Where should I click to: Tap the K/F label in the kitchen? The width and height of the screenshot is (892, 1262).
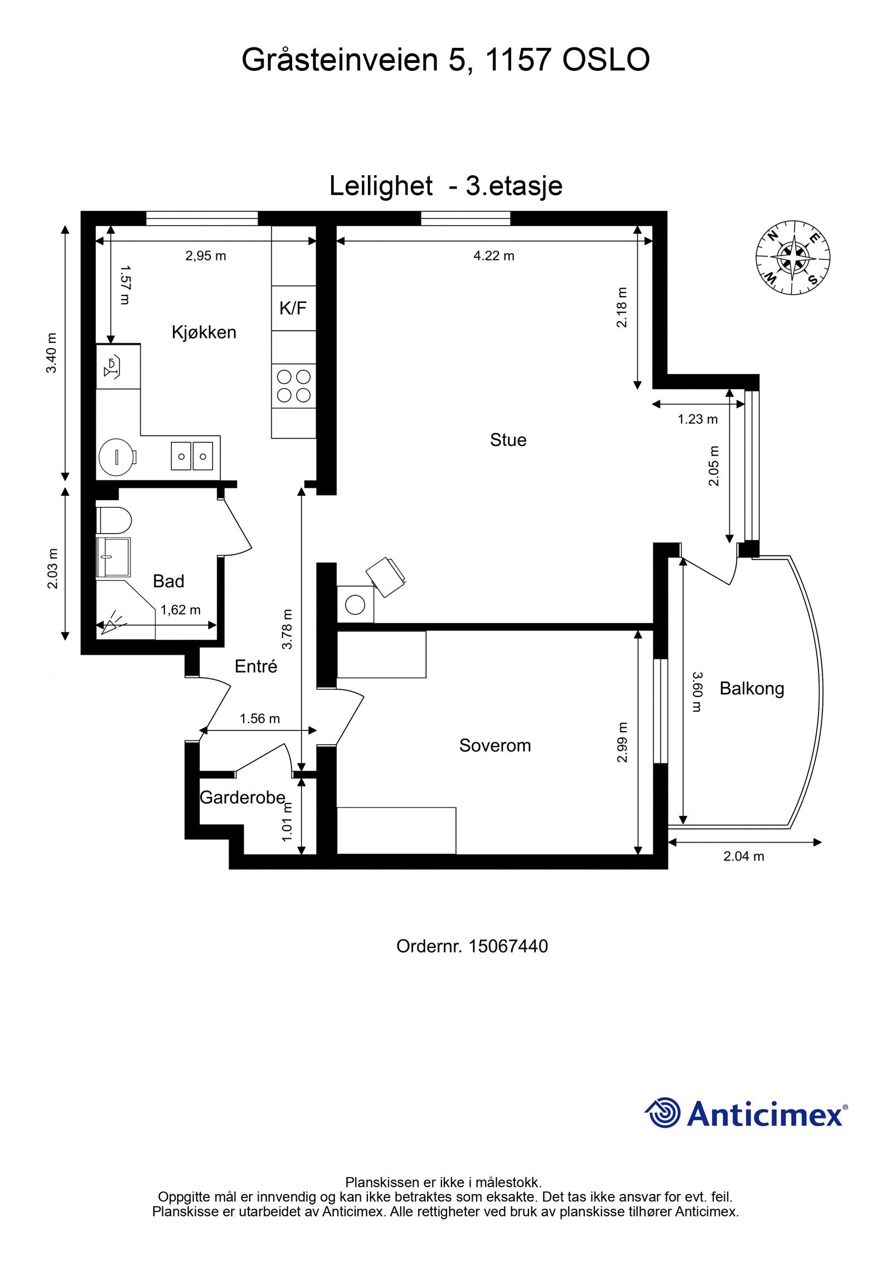click(x=293, y=308)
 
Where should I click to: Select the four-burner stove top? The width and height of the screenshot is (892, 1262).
click(x=294, y=386)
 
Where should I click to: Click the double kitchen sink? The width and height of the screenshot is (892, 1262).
click(x=192, y=456)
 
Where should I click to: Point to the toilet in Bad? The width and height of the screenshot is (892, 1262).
click(x=114, y=520)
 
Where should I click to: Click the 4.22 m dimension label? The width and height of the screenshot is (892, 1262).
click(x=493, y=256)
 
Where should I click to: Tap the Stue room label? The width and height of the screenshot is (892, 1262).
click(x=508, y=440)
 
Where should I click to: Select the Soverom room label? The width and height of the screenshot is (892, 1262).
click(x=495, y=746)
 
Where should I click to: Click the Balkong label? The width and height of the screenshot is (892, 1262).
click(x=752, y=689)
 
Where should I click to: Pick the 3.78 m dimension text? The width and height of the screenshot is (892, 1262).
click(x=287, y=630)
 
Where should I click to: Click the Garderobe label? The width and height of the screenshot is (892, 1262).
click(x=242, y=798)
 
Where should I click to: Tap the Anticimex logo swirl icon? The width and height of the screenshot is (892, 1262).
click(x=663, y=1113)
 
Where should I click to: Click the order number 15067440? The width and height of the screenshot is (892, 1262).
click(x=508, y=946)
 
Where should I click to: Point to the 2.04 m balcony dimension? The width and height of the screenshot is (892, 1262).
click(x=744, y=856)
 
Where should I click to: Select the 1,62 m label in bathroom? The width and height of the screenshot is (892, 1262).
click(x=181, y=610)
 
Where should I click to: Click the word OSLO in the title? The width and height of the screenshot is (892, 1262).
click(x=605, y=60)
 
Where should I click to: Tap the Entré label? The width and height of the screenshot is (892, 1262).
click(x=256, y=666)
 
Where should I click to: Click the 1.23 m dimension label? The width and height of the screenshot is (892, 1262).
click(x=697, y=419)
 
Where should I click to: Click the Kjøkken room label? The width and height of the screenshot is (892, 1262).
click(x=204, y=332)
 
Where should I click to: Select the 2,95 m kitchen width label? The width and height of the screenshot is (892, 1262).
click(x=206, y=256)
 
